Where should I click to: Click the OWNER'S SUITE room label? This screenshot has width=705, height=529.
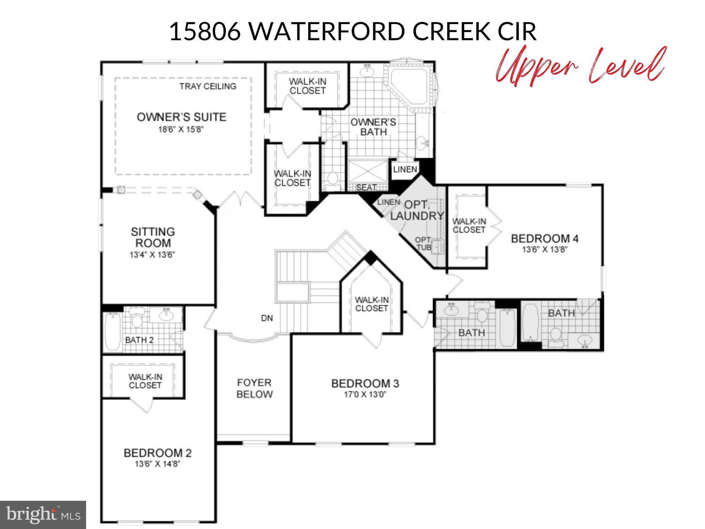tap(181, 117)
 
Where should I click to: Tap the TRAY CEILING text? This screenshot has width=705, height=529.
tap(208, 86)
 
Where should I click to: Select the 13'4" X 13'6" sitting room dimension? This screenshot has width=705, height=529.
tap(152, 255)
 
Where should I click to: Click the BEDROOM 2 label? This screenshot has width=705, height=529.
tap(157, 453)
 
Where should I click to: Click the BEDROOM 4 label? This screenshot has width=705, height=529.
tap(545, 238)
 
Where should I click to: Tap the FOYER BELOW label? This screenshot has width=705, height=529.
tap(254, 388)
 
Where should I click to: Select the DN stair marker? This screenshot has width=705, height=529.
tap(267, 318)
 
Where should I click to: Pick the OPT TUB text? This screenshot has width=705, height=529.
tap(423, 243)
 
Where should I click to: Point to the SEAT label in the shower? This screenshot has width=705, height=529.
tap(366, 187)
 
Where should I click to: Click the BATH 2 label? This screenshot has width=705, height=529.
tap(139, 340)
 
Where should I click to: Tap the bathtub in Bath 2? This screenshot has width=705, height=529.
tap(112, 331)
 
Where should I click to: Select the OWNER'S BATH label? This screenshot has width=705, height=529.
tap(373, 127)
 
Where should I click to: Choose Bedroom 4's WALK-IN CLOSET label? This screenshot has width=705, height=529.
tap(469, 226)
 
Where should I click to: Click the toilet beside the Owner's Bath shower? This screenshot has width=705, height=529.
tap(332, 179)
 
